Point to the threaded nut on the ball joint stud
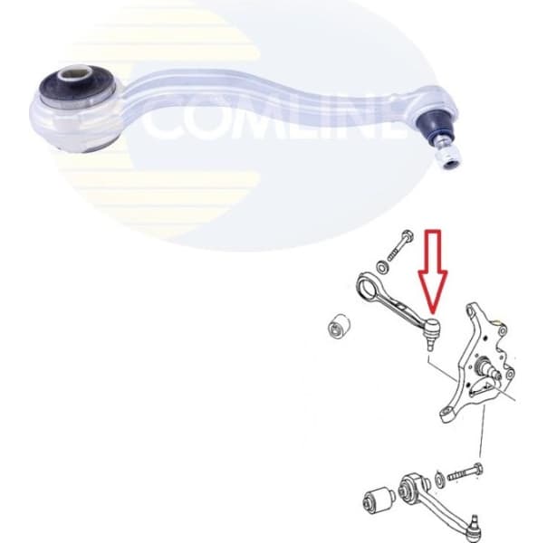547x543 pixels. click(x=446, y=160)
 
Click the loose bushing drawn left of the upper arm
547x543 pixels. click(x=337, y=327)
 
